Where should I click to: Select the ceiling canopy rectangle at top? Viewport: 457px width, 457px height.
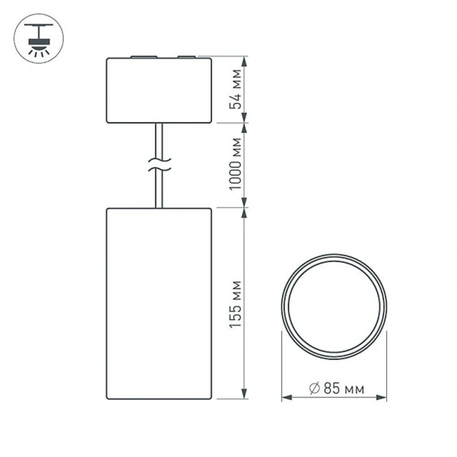coord(158,89)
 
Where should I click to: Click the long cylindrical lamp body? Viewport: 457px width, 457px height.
coord(158,302)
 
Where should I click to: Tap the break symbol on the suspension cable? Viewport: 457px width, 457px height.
coord(158,164)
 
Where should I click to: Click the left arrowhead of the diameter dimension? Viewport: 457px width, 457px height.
coord(286,398)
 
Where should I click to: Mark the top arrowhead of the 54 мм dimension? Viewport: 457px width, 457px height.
coord(244,59)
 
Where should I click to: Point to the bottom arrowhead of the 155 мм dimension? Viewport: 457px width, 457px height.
coord(244,394)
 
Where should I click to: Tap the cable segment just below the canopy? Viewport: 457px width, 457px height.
coord(158,137)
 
